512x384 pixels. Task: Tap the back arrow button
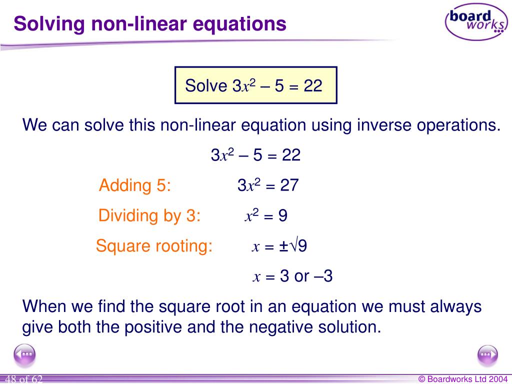pos(24,355)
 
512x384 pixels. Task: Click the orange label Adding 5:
pos(135,185)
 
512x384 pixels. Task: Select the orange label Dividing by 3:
pos(149,215)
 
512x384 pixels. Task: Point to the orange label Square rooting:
pos(154,246)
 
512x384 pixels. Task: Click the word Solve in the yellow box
pos(206,86)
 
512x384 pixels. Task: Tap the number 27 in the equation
pos(289,185)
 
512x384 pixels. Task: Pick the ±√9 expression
pos(293,246)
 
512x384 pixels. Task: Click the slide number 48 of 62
pos(24,379)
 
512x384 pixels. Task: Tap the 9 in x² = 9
pos(282,216)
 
